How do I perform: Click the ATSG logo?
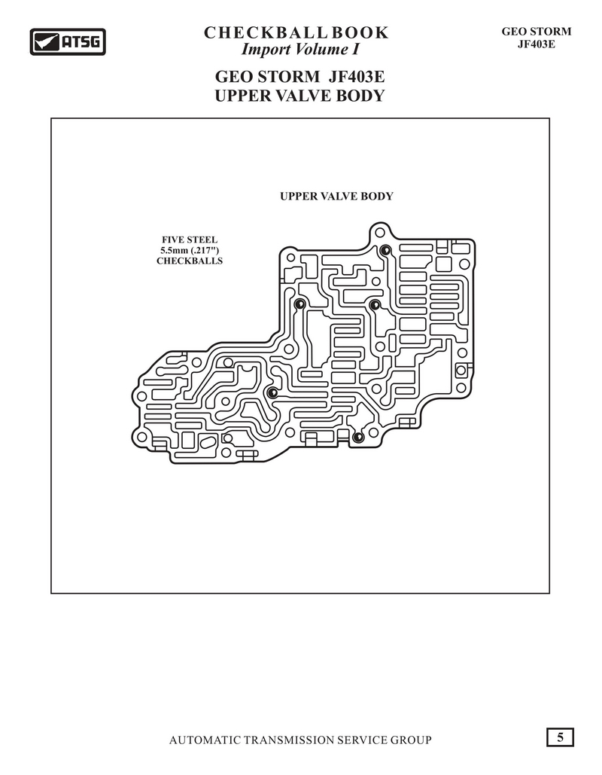pos(68,41)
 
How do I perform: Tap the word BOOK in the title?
pos(360,32)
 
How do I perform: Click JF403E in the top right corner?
pos(537,44)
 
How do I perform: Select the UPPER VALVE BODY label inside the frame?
pos(336,197)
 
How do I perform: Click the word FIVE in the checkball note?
pos(172,240)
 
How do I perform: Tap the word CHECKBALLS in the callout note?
pos(190,261)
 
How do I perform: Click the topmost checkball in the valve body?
pos(385,250)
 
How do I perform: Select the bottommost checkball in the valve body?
pos(358,437)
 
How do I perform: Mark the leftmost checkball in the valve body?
pos(272,392)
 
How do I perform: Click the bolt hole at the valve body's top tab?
pos(379,232)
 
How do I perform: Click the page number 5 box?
pos(560,737)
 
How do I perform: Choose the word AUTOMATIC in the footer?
pos(205,740)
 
